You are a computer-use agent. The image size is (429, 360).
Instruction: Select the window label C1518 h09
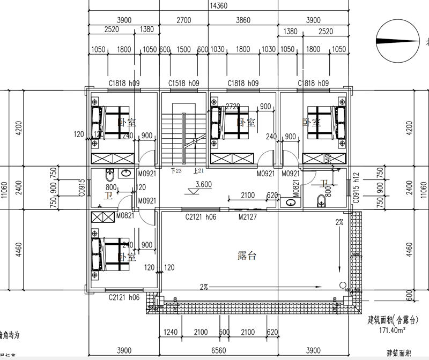click(x=183, y=83)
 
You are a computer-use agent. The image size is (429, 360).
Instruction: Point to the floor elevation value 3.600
click(x=204, y=185)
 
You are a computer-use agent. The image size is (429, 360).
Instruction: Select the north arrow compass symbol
click(x=398, y=41)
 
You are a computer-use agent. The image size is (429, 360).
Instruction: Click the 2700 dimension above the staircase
click(x=183, y=20)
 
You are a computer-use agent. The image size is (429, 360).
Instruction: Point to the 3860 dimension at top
click(x=243, y=20)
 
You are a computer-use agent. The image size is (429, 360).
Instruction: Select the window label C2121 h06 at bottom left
click(x=124, y=297)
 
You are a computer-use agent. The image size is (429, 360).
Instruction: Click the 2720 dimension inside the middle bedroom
click(x=233, y=107)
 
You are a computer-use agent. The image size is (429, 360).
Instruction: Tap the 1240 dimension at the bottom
click(x=171, y=332)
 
